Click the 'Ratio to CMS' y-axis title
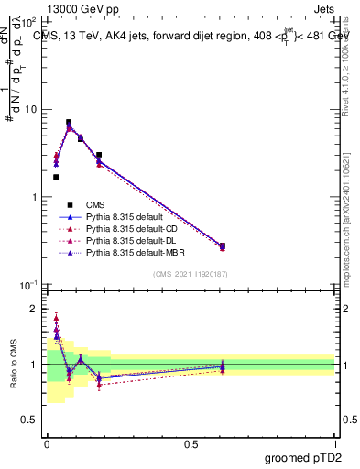pyautogui.click(x=15, y=364)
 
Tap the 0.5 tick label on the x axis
pyautogui.click(x=191, y=443)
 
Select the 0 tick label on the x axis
pyautogui.click(x=47, y=443)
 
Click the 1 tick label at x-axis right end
pyautogui.click(x=335, y=443)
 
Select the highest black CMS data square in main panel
pyautogui.click(x=69, y=122)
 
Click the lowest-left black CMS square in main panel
pyautogui.click(x=56, y=177)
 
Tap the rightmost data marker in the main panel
pyautogui.click(x=223, y=245)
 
